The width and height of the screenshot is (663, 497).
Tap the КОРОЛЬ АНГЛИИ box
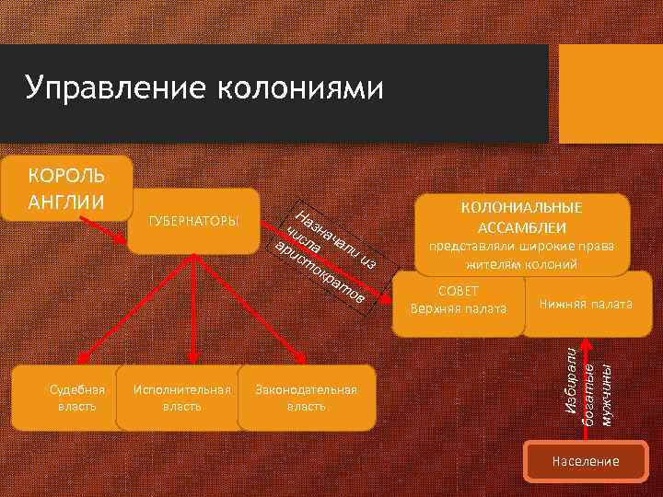pos(66,188)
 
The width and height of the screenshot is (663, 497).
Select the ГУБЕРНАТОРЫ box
pos(193,221)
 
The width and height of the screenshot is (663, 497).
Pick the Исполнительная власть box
pos(181,398)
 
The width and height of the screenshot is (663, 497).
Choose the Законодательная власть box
pos(307,398)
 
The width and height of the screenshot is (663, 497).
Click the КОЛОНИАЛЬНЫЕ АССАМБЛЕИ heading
pos(522,217)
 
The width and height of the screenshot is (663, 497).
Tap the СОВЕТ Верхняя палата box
pos(458,300)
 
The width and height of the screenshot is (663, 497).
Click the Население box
pos(585,461)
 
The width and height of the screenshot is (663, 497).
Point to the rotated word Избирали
pos(570,380)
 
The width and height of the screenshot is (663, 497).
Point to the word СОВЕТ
pos(458,291)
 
